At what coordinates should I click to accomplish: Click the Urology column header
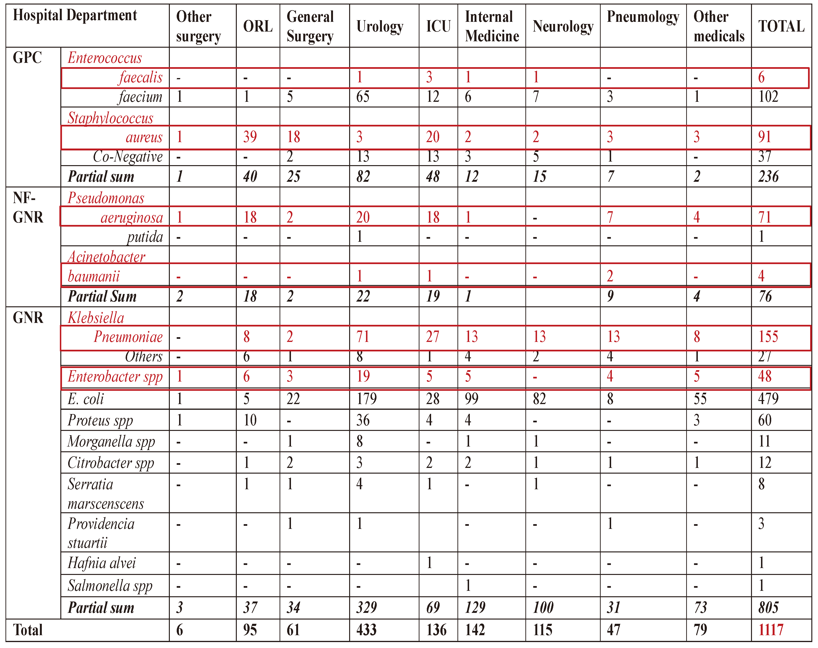pyautogui.click(x=380, y=27)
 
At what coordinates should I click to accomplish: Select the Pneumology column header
pyautogui.click(x=643, y=17)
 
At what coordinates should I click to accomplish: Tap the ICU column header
pyautogui.click(x=438, y=27)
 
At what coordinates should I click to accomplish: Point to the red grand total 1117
pyautogui.click(x=770, y=630)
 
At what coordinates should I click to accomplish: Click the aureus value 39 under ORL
pyautogui.click(x=250, y=137)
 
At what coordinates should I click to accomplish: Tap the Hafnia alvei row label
pyautogui.click(x=102, y=563)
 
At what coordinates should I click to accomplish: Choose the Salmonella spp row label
pyautogui.click(x=110, y=586)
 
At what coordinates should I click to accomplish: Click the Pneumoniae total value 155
pyautogui.click(x=768, y=336)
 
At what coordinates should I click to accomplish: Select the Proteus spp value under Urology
pyautogui.click(x=363, y=420)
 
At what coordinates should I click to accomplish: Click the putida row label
pyautogui.click(x=145, y=237)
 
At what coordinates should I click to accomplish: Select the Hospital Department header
pyautogui.click(x=75, y=15)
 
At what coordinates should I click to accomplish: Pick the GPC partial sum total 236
pyautogui.click(x=768, y=177)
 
